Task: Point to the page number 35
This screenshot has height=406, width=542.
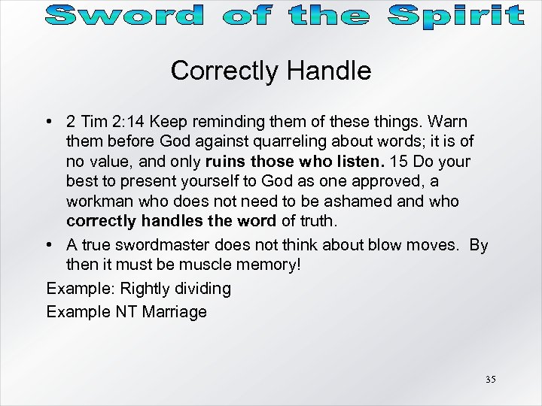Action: coord(490,380)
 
